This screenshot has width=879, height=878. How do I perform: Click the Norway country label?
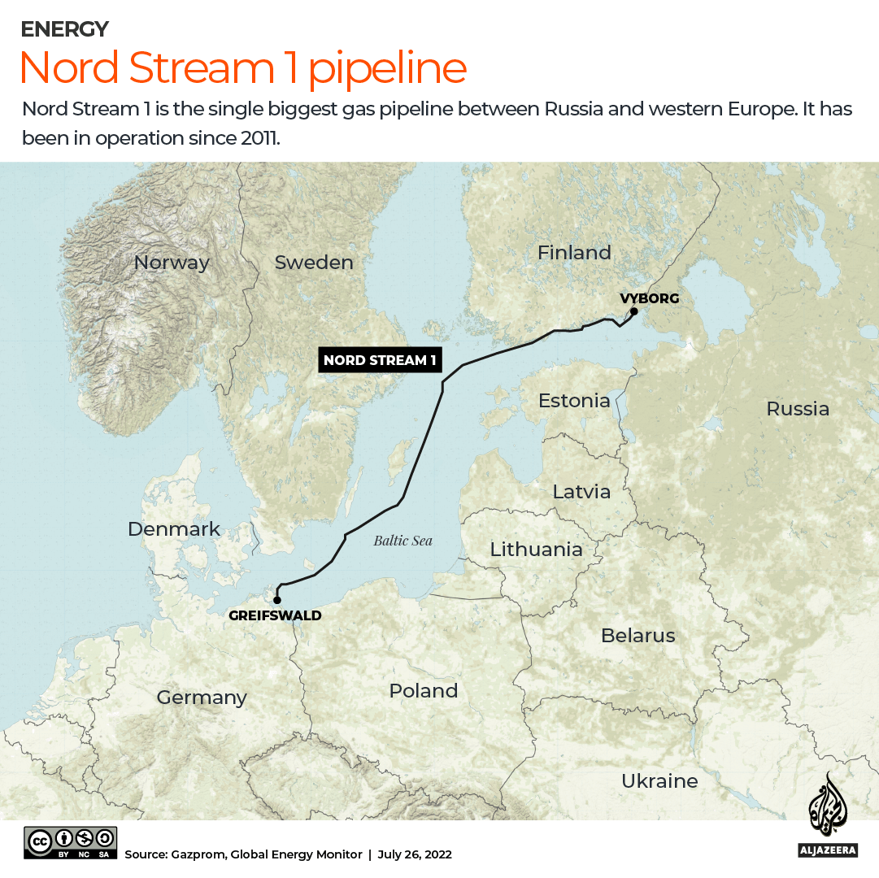[x=172, y=263]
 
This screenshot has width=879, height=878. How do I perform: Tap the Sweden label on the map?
[x=314, y=263]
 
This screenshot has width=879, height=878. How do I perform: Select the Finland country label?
[x=574, y=253]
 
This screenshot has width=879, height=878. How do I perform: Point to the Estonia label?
[x=574, y=400]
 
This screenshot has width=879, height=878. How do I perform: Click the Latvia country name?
[x=581, y=491]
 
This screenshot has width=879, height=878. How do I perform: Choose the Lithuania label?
[x=536, y=550]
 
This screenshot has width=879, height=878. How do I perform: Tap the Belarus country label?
[x=638, y=635]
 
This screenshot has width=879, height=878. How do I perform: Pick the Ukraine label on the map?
[x=659, y=780]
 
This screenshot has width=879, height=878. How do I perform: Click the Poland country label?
[x=423, y=690]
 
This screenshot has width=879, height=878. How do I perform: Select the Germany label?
[x=202, y=697]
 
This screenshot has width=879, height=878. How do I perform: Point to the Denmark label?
[x=174, y=529]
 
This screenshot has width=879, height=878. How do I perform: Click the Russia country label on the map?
[x=798, y=408]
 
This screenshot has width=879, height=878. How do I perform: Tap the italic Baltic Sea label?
[x=403, y=541]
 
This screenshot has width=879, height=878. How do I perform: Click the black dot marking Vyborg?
[x=633, y=311]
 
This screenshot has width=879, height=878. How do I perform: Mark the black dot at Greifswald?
[x=277, y=600]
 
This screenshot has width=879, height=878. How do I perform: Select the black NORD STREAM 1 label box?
[x=380, y=359]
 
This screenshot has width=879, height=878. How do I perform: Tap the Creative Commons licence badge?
[x=71, y=842]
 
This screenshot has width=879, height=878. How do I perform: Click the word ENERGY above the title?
[x=64, y=29]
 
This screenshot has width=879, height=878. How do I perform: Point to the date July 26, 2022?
[x=415, y=854]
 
